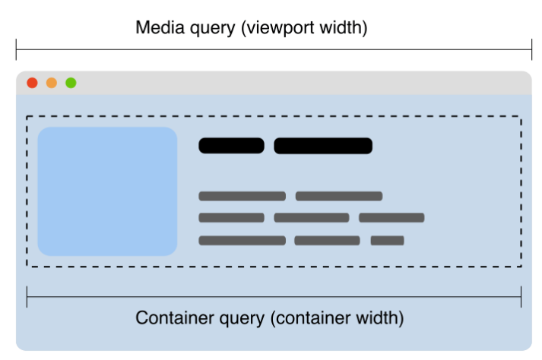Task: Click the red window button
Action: [x=32, y=83]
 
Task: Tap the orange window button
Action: [x=52, y=83]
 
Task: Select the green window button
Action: [x=71, y=83]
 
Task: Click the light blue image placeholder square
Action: [x=107, y=191]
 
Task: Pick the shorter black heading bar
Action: [x=231, y=146]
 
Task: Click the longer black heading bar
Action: [x=323, y=146]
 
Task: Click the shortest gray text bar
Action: [x=387, y=241]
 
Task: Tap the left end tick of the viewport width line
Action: [x=16, y=50]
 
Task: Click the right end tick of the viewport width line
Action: [x=531, y=50]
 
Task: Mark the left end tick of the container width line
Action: [x=27, y=297]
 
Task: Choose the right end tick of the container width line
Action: [x=521, y=297]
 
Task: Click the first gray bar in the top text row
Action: [x=242, y=196]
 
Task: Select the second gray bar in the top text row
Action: [x=339, y=196]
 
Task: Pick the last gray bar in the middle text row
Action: [x=391, y=218]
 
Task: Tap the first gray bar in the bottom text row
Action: [x=242, y=241]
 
